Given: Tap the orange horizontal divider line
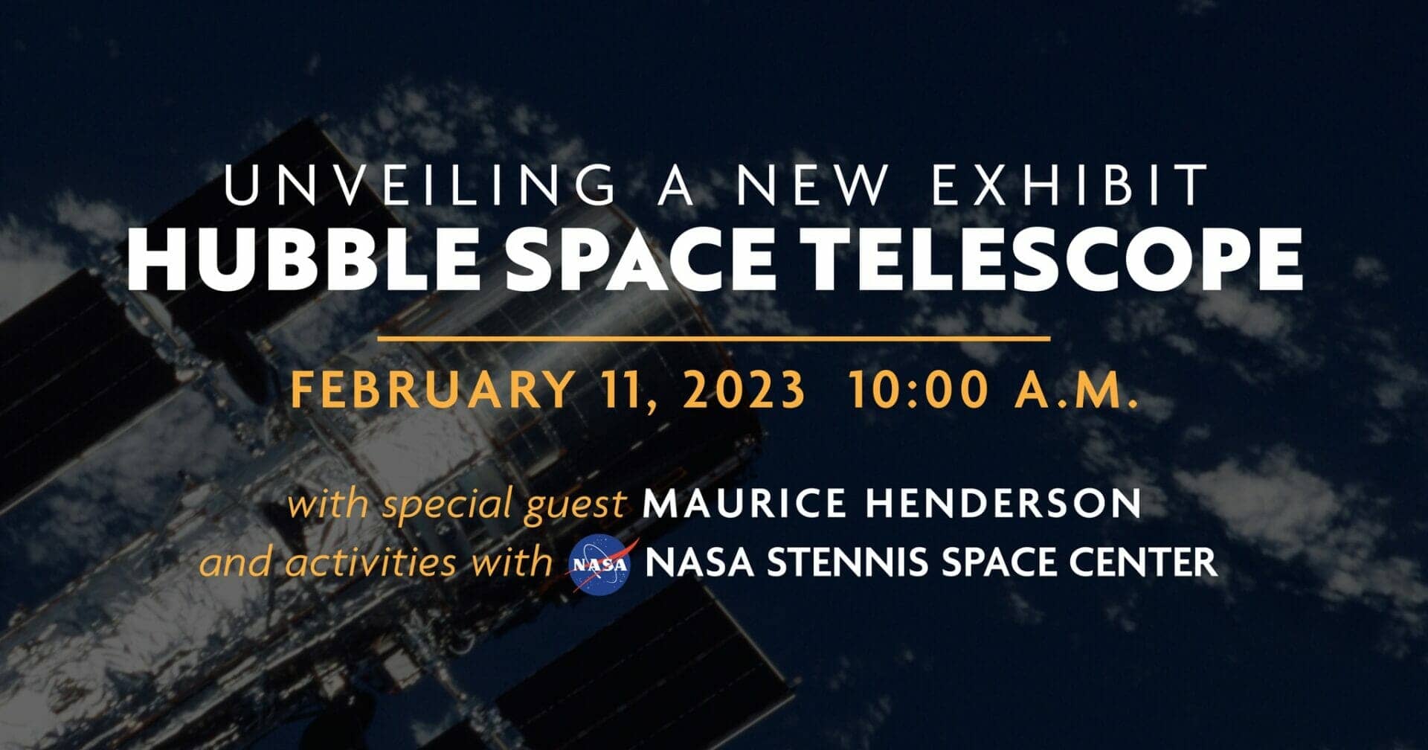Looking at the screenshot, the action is tap(714, 339).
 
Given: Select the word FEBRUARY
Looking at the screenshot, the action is tap(433, 390).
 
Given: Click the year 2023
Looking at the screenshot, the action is tap(744, 390).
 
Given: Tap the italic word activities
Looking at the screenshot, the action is tap(371, 562).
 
